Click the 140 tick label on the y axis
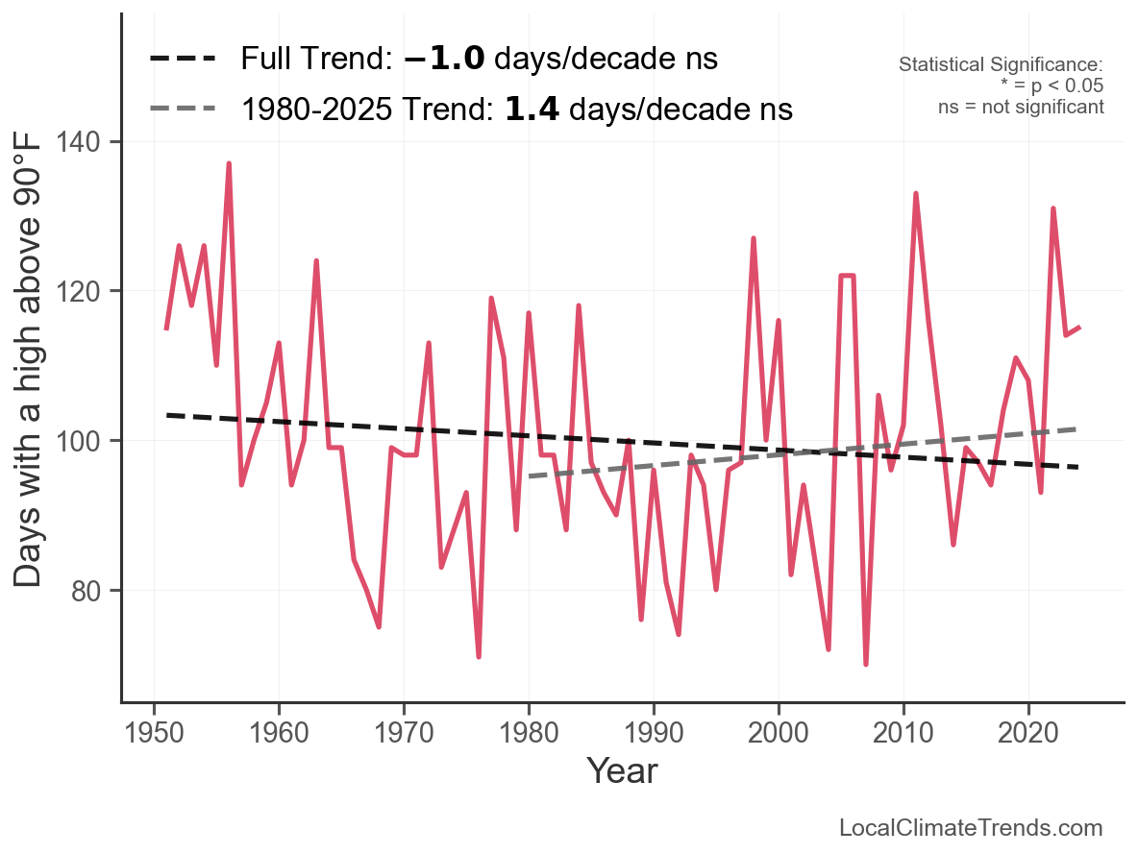point(91,142)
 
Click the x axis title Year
point(622,770)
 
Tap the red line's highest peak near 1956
point(229,164)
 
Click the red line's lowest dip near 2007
point(866,664)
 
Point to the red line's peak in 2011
point(916,194)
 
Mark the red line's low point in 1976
point(479,656)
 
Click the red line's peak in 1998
point(754,238)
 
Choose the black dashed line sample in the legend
point(183,60)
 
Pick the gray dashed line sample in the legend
point(183,110)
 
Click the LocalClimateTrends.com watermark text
point(971,828)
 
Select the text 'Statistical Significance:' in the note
point(1001,65)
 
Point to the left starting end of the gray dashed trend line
point(530,476)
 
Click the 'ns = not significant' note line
point(1021,107)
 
